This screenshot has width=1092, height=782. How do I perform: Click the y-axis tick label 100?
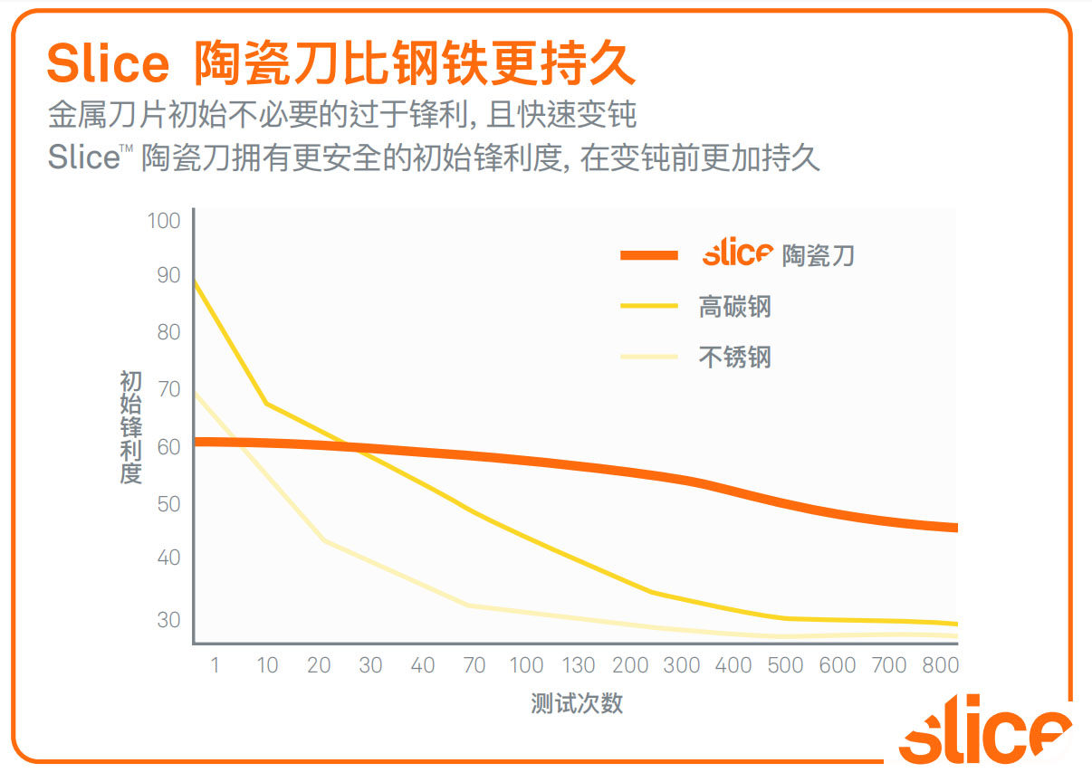(164, 221)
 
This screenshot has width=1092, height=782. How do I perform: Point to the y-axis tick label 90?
(168, 275)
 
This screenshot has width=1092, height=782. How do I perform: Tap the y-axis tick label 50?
(168, 504)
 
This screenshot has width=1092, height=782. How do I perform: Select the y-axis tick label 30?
(168, 620)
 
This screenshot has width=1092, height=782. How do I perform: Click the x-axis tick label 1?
(215, 665)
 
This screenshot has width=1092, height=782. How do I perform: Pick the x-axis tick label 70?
(474, 665)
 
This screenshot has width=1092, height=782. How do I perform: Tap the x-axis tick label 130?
(578, 665)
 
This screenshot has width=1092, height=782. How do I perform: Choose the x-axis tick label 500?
(785, 665)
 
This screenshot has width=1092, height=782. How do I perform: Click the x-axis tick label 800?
(940, 665)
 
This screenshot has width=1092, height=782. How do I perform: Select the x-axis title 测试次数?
(577, 704)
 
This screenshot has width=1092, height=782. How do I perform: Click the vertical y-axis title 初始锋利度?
(131, 426)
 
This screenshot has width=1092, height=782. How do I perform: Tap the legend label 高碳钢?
(734, 306)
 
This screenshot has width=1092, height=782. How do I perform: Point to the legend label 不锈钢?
(734, 356)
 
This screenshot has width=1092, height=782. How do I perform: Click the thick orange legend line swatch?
(649, 255)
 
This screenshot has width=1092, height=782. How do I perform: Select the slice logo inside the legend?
(737, 253)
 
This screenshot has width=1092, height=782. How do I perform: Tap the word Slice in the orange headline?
(107, 63)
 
